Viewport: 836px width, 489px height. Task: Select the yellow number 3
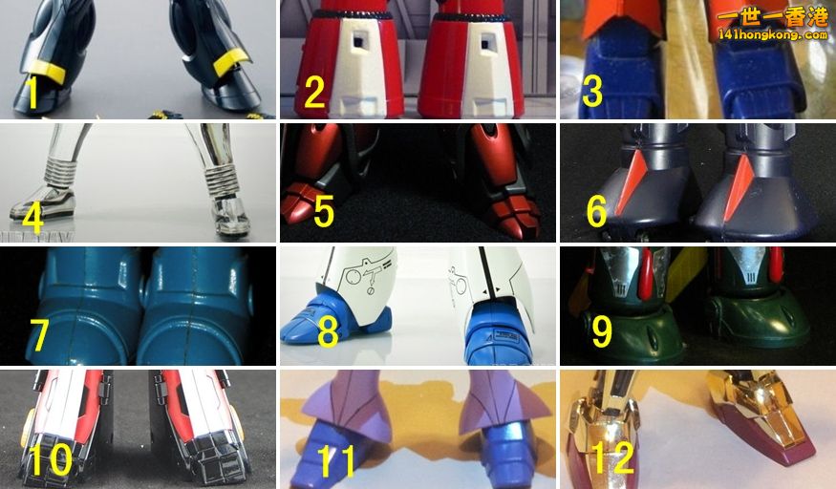[x=591, y=91]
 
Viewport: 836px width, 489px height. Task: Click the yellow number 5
[x=324, y=212]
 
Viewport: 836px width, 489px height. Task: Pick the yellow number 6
[x=596, y=211]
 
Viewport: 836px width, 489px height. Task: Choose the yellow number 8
[x=328, y=331]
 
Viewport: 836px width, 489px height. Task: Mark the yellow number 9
[x=602, y=330]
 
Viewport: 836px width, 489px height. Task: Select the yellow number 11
[x=336, y=460]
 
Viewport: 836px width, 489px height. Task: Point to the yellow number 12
[x=613, y=457]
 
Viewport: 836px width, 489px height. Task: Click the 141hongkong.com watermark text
[x=773, y=35]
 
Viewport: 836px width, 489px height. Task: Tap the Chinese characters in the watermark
[x=773, y=17]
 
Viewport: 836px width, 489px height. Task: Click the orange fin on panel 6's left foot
[x=631, y=179]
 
